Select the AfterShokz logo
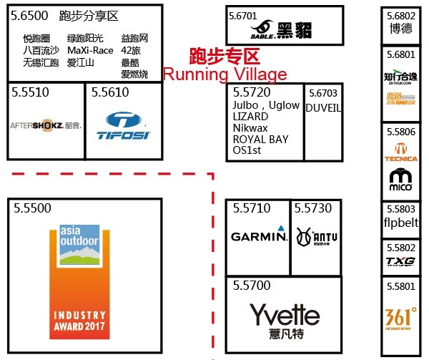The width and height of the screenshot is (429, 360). point(45,125)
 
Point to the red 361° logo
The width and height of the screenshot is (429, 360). point(401,317)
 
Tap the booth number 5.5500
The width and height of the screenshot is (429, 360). point(33,208)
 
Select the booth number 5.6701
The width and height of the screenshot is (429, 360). point(242,14)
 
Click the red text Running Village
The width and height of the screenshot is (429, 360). point(225,74)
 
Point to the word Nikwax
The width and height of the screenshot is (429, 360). point(250,128)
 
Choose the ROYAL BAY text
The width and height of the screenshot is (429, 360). point(260,140)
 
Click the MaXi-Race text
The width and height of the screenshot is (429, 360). point(90,51)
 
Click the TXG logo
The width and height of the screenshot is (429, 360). point(400,261)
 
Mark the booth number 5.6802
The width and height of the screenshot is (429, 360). point(400,15)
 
